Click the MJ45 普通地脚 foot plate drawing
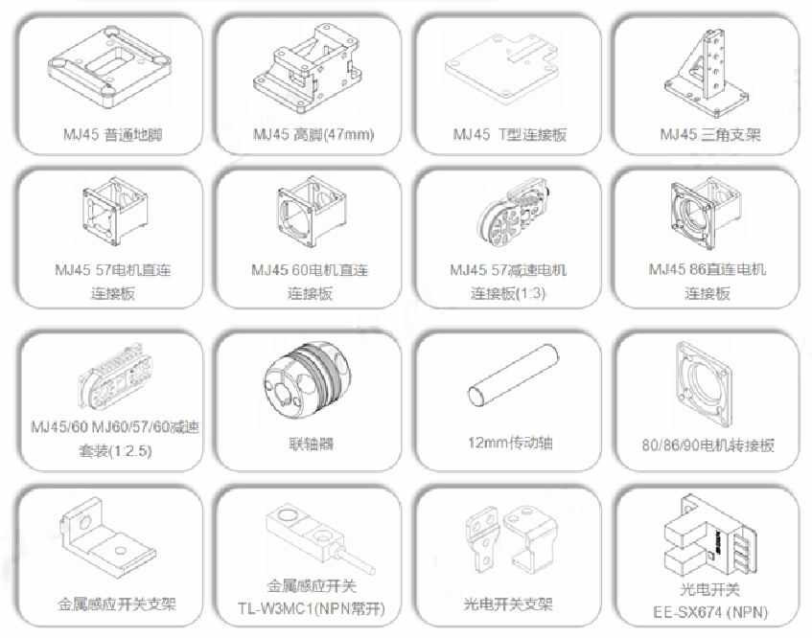click(109, 67)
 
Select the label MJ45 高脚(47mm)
click(313, 134)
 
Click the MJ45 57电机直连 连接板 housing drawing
click(114, 212)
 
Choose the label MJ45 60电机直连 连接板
click(310, 282)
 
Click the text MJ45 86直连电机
click(707, 269)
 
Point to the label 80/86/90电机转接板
click(708, 445)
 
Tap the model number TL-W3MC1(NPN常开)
click(312, 608)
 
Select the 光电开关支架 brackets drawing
click(505, 539)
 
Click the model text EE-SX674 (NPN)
click(710, 613)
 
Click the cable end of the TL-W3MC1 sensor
click(372, 571)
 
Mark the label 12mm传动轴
click(510, 443)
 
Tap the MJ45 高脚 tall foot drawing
click(306, 67)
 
